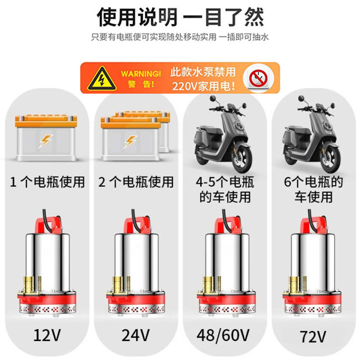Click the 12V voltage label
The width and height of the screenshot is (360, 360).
47,335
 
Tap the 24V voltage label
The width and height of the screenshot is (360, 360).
135,335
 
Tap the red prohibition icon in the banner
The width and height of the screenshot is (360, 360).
256,78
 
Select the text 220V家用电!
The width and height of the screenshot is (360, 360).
203,85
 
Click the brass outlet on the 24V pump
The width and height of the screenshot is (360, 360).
118,284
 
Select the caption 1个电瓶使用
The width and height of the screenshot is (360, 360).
47,182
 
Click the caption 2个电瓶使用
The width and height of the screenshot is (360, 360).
135,182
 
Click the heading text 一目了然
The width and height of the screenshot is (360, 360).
225,17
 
